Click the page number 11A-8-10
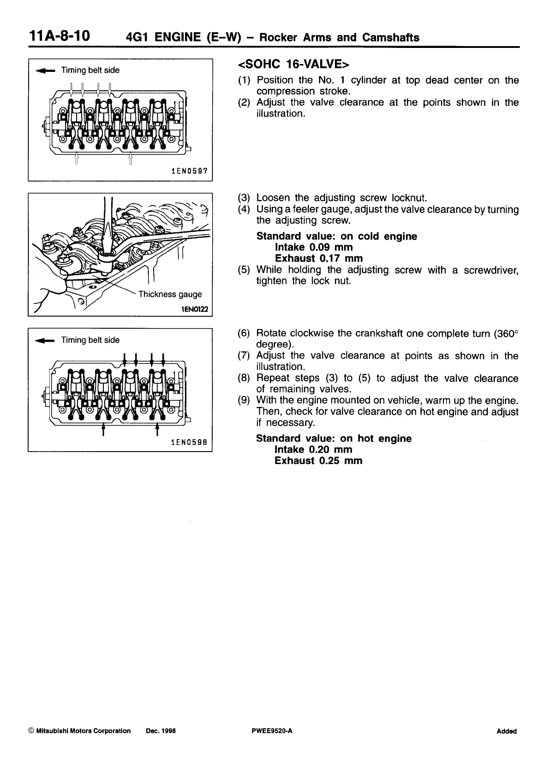tap(60, 36)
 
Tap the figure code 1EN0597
tap(189, 171)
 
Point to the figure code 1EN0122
tap(196, 310)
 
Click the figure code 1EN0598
tap(189, 442)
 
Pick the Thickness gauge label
tap(170, 294)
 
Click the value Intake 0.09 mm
tap(313, 247)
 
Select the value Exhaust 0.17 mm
tap(318, 259)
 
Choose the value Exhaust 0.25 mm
tap(318, 461)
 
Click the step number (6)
tap(244, 333)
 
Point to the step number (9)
tap(244, 400)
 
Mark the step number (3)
tap(244, 198)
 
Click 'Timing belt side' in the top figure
tap(90, 71)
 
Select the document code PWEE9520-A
tap(270, 731)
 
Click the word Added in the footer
tap(507, 731)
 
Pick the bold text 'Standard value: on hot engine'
tap(334, 439)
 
